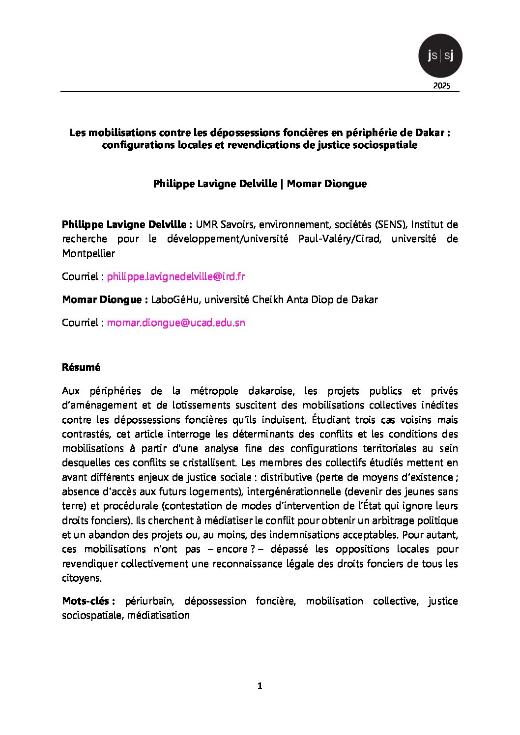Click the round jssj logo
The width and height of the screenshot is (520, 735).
(440, 55)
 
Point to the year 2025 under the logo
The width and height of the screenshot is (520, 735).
(441, 86)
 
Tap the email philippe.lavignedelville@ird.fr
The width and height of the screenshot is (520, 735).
(175, 276)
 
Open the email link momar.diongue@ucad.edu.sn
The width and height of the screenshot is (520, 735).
(175, 323)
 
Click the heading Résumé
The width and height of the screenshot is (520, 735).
(81, 367)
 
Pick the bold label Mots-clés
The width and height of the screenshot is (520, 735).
(88, 601)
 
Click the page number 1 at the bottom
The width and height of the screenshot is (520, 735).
(260, 686)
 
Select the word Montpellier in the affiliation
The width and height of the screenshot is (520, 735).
(88, 253)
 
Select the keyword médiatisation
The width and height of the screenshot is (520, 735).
(158, 615)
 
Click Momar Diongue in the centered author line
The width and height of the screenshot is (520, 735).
(326, 184)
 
